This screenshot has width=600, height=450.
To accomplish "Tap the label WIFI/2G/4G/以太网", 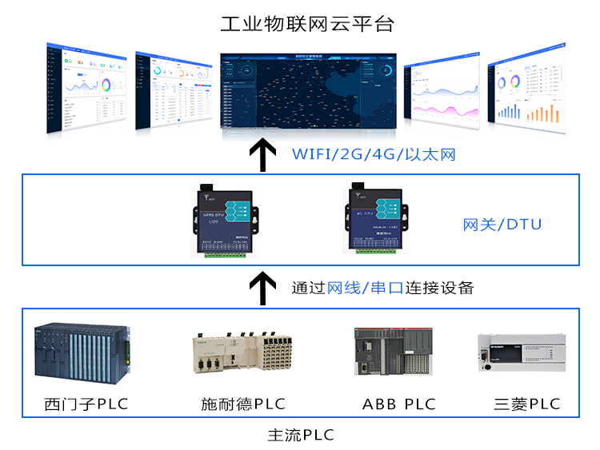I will coord(373,153).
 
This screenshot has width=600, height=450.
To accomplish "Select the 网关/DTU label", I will coord(502,225).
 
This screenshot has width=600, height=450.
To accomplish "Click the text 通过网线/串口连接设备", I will coord(382,287).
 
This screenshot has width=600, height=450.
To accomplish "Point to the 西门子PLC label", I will coord(86,404).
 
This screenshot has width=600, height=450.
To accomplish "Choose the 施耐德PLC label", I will coord(242,404).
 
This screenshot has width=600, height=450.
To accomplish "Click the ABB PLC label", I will coord(399,404).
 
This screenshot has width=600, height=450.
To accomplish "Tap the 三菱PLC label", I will coord(526,404).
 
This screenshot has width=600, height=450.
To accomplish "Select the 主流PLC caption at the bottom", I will coord(301,436).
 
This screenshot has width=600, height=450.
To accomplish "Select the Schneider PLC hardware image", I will coord(242,354).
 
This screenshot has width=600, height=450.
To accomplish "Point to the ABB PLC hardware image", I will coord(395,351).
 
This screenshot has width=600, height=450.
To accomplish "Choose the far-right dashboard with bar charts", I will coord(528,90).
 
